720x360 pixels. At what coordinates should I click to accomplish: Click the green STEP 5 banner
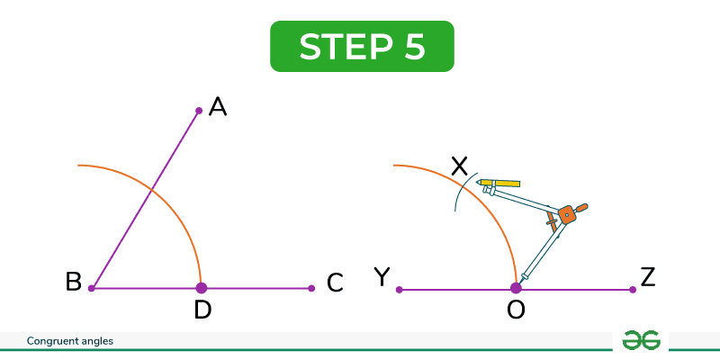point(362,47)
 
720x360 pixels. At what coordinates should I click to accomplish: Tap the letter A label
point(218,107)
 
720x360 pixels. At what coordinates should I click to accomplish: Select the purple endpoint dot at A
point(199,111)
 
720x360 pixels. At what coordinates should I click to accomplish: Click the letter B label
point(74,282)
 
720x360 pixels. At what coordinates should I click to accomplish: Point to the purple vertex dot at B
point(92,288)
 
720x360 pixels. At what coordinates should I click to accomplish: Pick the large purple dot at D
point(201,288)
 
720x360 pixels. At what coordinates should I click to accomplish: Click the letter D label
point(202,310)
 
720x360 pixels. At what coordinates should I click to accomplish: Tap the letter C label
point(335,283)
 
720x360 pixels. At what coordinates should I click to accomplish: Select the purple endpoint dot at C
point(311,288)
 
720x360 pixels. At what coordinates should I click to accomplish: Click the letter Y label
point(382,277)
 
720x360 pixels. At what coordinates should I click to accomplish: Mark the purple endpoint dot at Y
point(399,289)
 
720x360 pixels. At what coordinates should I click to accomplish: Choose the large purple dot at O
point(516,288)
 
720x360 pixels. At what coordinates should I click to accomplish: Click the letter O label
point(516,310)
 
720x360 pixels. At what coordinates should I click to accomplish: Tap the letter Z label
point(647,278)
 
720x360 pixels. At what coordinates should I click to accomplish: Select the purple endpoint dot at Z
point(633,289)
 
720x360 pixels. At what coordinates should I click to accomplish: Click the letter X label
point(459,166)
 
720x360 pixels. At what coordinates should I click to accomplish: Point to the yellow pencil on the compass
point(499,184)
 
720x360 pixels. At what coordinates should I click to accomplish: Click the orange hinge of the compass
point(569,214)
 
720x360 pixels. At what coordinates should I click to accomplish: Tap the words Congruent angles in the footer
point(70,341)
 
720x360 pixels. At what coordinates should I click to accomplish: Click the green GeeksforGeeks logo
point(641,341)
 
